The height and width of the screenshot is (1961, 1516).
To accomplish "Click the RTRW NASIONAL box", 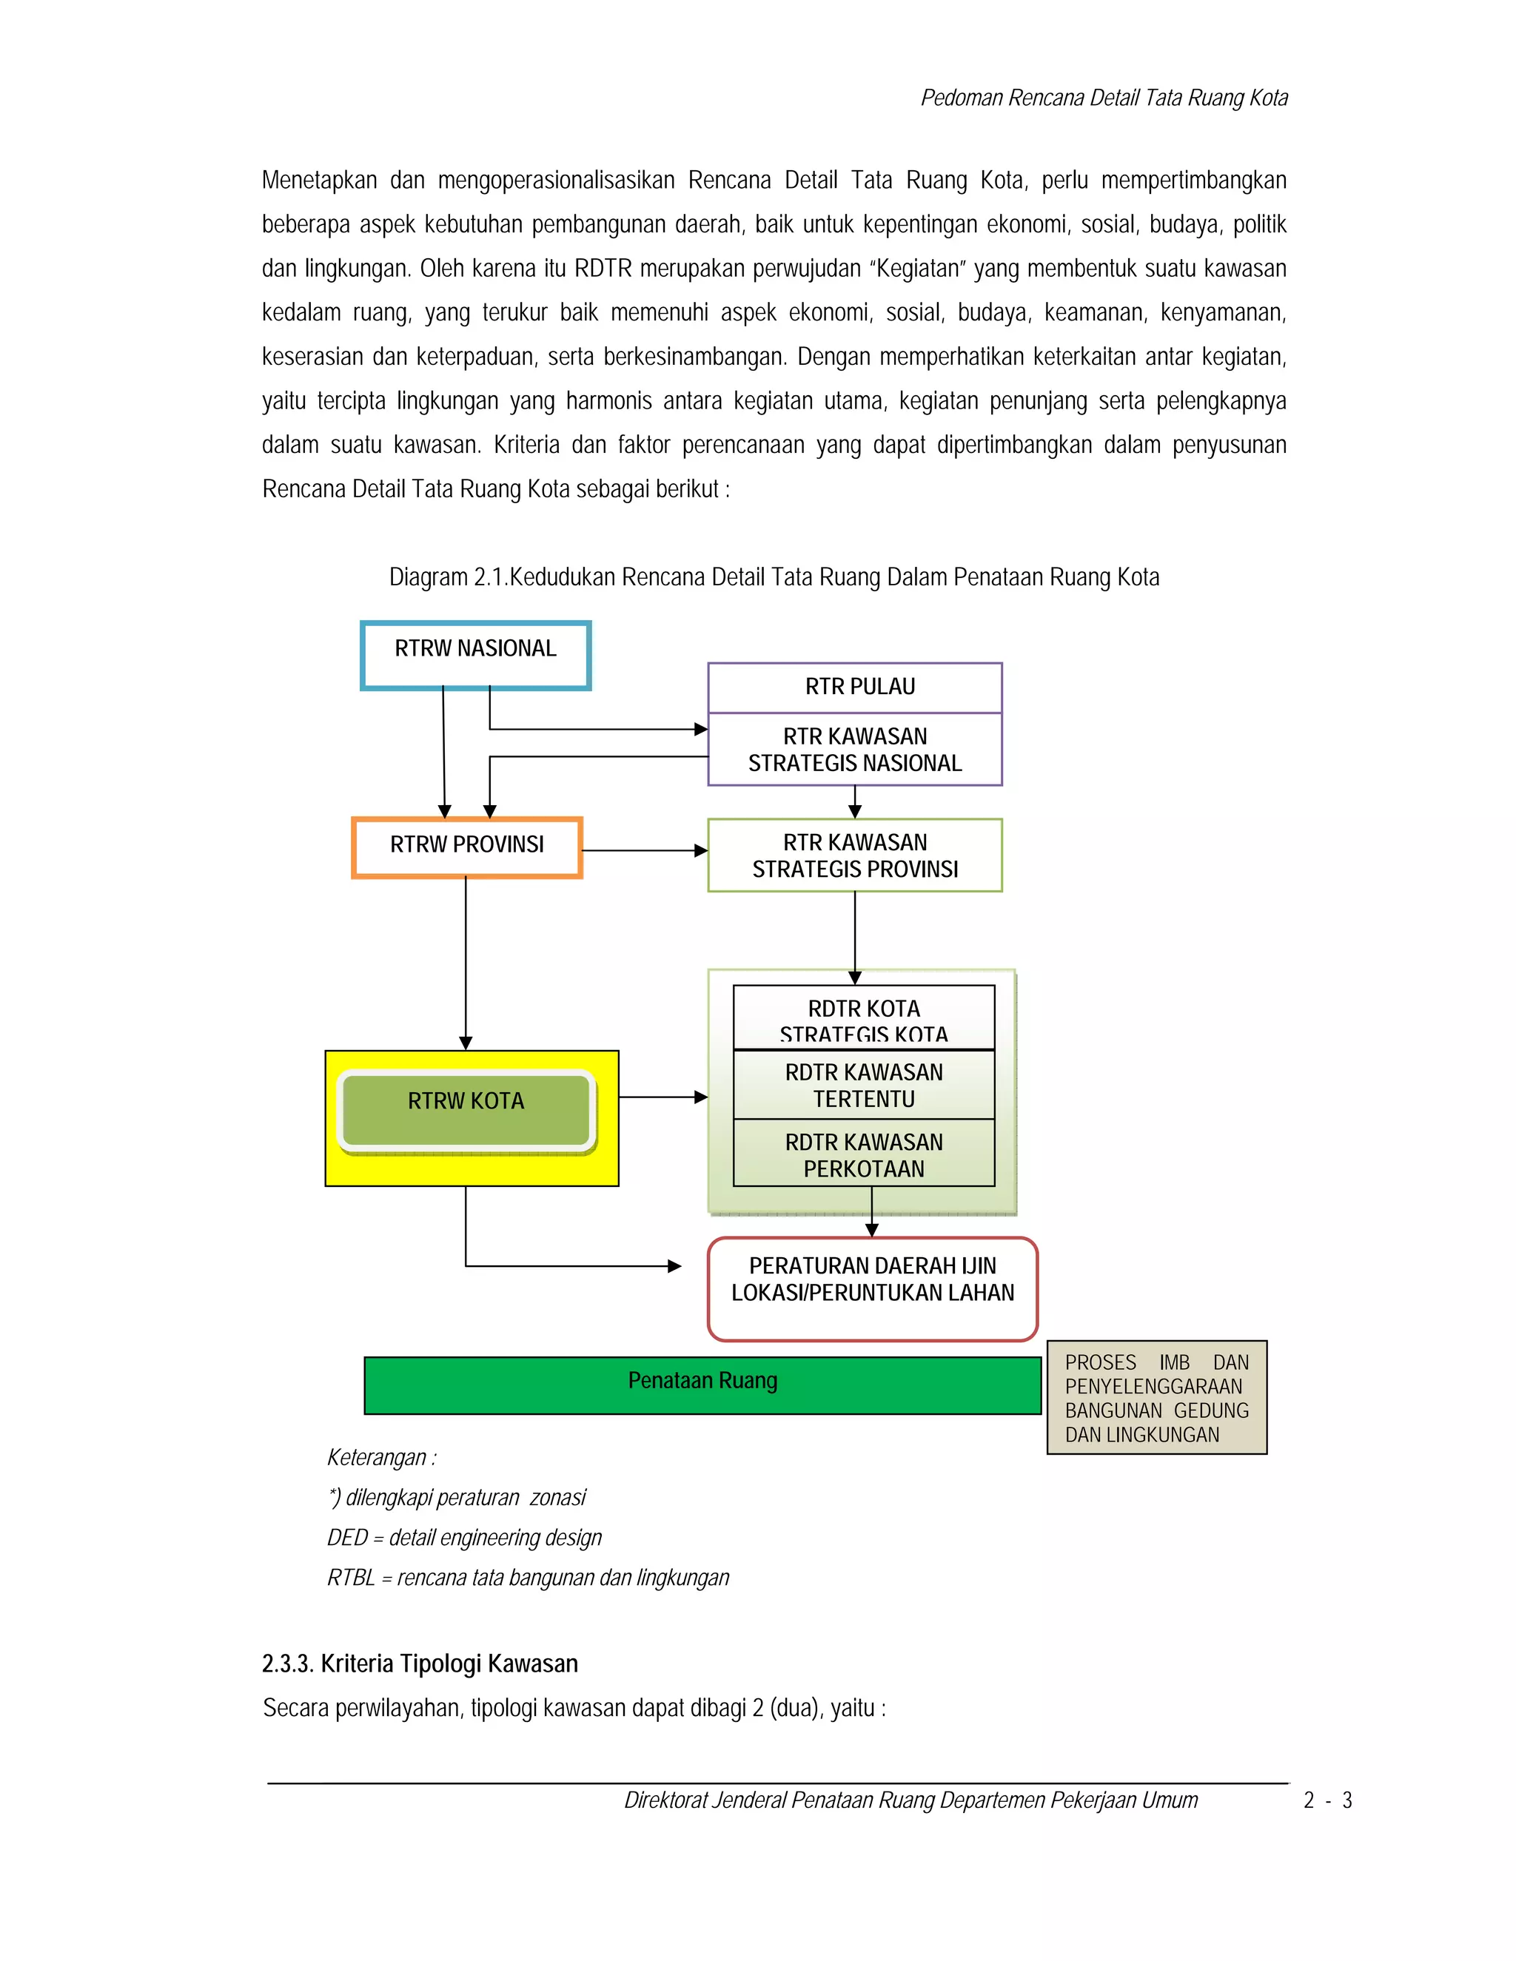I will (475, 656).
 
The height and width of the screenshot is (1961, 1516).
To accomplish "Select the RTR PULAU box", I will (854, 687).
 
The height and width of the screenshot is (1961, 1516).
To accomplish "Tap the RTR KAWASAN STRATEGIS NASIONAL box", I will (854, 750).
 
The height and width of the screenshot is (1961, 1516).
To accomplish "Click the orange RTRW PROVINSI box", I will (466, 847).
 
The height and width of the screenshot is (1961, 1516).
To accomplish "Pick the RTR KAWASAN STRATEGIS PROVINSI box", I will (854, 855).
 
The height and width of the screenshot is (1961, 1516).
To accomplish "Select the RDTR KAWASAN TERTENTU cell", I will (863, 1085).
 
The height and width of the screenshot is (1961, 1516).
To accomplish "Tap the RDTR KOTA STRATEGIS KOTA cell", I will (863, 1018).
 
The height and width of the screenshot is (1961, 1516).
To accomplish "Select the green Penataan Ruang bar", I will (702, 1385).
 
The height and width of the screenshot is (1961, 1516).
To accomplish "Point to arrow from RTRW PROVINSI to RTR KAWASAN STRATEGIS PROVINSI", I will (644, 850).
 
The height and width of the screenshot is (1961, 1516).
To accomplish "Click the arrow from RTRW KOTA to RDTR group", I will (663, 1097).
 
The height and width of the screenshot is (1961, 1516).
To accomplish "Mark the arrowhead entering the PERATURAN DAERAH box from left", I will (674, 1266).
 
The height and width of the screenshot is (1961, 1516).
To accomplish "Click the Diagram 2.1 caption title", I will (774, 576).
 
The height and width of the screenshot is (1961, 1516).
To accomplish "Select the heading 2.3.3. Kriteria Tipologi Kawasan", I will (420, 1664).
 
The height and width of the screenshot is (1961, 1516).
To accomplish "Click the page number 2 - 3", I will (1327, 1800).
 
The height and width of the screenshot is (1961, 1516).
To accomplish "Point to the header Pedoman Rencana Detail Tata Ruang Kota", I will (1104, 98).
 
